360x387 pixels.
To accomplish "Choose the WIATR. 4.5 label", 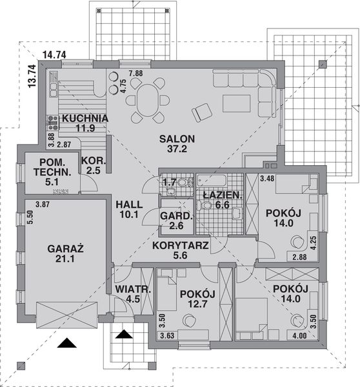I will pyautogui.click(x=133, y=293).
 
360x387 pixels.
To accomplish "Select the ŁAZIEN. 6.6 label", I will pyautogui.click(x=219, y=199).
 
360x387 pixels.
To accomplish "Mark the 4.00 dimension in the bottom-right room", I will pyautogui.click(x=299, y=335).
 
